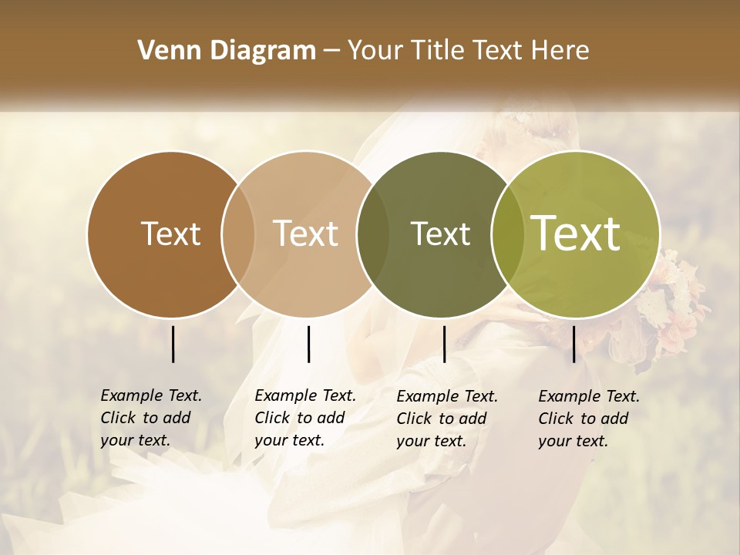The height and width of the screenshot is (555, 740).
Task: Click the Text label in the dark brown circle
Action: (x=170, y=234)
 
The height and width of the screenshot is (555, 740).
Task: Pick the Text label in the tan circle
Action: (x=306, y=234)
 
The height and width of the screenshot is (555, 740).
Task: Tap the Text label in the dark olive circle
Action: (x=440, y=234)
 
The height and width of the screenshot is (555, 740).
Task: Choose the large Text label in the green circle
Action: (x=576, y=234)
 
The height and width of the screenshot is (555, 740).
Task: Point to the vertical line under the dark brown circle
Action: (x=173, y=344)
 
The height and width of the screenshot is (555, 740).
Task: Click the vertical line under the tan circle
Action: (x=308, y=344)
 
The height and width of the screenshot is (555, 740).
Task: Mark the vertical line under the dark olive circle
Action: (x=444, y=344)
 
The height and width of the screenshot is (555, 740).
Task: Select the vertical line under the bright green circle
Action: (x=573, y=344)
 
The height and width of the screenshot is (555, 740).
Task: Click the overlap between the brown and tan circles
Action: (x=238, y=234)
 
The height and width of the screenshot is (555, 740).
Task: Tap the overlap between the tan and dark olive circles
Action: (x=373, y=234)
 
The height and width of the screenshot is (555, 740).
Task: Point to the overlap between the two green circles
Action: (x=506, y=234)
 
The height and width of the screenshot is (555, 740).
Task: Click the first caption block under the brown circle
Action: (x=150, y=418)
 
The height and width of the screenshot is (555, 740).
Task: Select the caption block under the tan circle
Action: (x=304, y=418)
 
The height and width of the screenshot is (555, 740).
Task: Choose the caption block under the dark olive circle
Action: (x=446, y=418)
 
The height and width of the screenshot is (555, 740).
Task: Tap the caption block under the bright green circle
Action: (x=588, y=418)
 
